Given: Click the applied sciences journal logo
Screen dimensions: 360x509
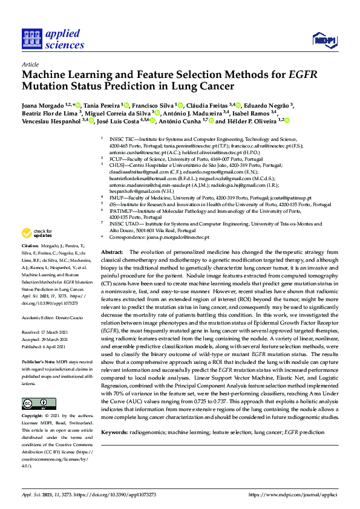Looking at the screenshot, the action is (x=53, y=39).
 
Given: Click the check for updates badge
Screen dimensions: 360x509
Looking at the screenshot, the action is (x=38, y=233).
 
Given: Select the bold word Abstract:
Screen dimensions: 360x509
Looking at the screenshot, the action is (x=113, y=251).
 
